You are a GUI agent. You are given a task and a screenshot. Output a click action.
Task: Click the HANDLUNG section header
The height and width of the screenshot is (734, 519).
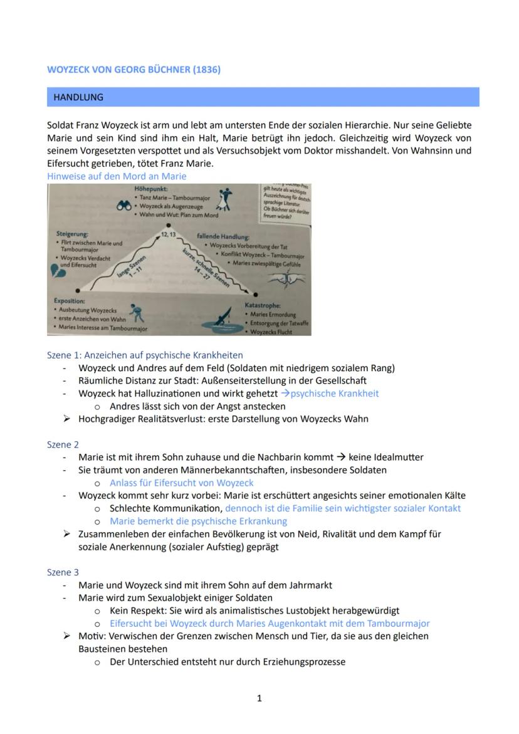(x=78, y=97)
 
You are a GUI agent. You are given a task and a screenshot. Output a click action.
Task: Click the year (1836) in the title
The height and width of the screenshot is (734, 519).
(x=207, y=70)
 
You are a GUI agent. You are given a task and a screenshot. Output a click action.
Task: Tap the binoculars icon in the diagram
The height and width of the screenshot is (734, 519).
(x=123, y=205)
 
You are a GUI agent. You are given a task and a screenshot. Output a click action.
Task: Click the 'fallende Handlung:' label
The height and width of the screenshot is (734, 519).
(x=223, y=237)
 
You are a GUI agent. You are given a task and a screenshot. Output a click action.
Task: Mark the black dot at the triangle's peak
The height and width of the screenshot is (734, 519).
(x=168, y=225)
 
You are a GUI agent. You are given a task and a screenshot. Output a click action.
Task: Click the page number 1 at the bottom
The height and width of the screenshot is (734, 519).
(x=259, y=698)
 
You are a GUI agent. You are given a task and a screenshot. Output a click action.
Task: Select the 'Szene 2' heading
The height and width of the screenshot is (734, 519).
(x=63, y=444)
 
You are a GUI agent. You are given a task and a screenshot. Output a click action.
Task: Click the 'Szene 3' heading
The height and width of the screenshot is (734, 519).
(x=63, y=572)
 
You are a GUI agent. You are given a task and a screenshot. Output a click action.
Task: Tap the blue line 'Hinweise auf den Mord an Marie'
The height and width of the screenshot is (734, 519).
(x=117, y=176)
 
